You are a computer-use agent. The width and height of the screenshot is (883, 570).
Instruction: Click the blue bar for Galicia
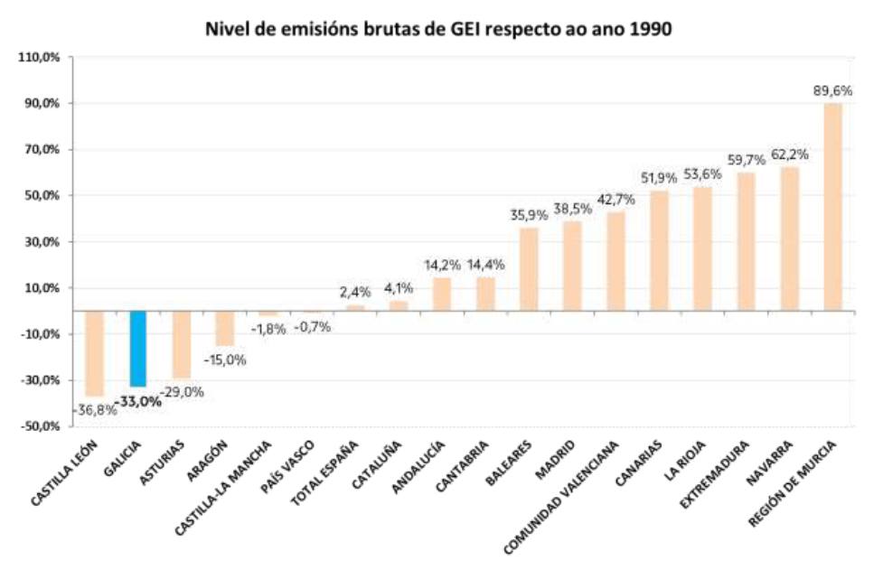tap(138, 348)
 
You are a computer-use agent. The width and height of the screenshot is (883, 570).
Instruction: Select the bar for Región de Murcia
tap(832, 207)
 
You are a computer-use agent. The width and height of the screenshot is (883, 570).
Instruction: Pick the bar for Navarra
tap(789, 238)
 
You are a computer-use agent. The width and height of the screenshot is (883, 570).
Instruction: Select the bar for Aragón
tap(225, 328)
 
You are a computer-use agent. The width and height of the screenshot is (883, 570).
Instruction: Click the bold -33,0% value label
tap(138, 401)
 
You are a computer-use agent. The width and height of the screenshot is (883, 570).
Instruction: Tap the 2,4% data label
tap(355, 292)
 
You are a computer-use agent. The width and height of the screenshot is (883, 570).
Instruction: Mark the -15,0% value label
tap(225, 360)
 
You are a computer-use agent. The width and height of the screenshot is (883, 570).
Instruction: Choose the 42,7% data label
tap(615, 199)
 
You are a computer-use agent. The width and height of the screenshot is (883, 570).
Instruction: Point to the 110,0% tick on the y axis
tap(39, 57)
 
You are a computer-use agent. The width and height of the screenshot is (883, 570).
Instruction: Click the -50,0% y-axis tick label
tap(38, 426)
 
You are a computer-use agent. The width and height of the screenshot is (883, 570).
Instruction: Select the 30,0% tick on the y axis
tap(40, 242)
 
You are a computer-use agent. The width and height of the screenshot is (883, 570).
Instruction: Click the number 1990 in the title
tap(649, 29)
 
